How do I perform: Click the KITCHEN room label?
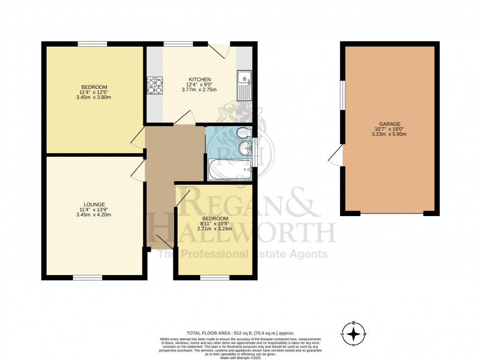[x=200, y=80]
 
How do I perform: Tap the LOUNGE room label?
[x=94, y=204]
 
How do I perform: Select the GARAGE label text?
[x=390, y=124]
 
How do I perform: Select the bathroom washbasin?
[x=244, y=148]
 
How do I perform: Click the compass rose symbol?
[x=353, y=335]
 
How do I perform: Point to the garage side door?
[x=336, y=158]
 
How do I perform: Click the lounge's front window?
[x=87, y=278]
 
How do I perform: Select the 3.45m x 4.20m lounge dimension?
[x=94, y=215]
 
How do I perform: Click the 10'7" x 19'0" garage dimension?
[x=390, y=130]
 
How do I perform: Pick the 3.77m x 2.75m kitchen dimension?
[x=200, y=90]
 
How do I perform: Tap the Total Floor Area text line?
[x=240, y=333]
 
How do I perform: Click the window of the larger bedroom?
[x=92, y=44]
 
